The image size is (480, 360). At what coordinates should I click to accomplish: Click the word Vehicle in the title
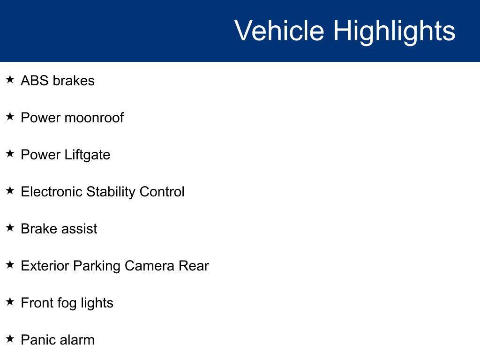tap(279, 30)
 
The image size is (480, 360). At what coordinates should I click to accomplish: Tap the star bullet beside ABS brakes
tap(10, 80)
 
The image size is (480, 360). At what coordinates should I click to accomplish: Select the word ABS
tap(35, 81)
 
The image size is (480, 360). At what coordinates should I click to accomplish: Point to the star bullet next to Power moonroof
tap(10, 116)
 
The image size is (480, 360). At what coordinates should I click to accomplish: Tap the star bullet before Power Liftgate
tap(10, 153)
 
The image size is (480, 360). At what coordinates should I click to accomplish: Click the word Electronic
tap(52, 192)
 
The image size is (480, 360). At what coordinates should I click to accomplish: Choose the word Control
tap(162, 192)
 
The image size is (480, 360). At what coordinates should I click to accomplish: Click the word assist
tap(80, 229)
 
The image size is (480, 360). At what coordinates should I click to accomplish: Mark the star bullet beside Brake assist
tap(10, 227)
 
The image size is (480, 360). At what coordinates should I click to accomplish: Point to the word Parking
tap(97, 267)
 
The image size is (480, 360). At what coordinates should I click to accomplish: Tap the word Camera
tap(150, 266)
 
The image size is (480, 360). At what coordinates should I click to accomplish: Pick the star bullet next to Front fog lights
tap(10, 301)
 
